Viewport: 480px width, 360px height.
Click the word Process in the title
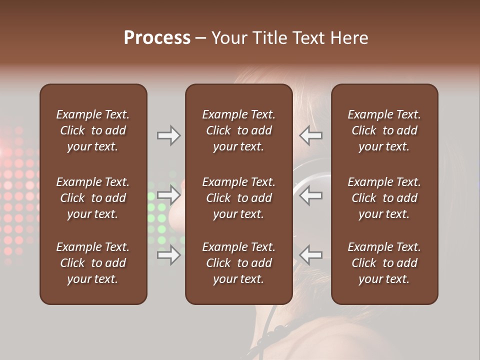157,38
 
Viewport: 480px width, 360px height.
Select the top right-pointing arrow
168,135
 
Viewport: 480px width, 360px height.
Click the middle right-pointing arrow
168,195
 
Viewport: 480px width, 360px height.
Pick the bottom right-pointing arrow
168,255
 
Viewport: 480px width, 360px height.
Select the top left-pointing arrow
311,135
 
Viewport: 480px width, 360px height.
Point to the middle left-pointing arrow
311,195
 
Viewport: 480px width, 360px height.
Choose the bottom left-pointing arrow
311,255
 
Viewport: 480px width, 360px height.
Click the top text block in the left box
93,130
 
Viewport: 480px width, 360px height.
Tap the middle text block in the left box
93,198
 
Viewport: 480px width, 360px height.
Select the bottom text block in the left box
93,263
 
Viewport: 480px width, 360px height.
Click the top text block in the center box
238,130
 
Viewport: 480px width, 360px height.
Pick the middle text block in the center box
238,198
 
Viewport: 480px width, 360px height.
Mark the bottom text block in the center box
238,263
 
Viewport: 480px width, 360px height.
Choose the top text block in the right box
384,130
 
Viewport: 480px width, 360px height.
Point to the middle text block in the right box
384,198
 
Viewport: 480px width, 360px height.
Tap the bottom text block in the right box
384,263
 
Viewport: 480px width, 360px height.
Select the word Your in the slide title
228,38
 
